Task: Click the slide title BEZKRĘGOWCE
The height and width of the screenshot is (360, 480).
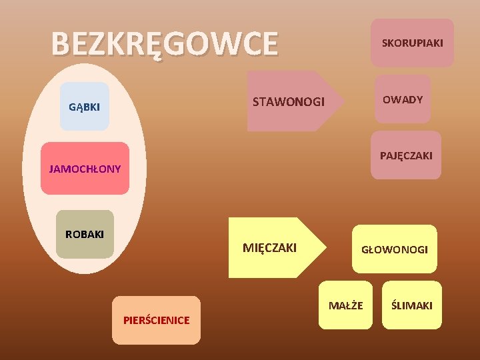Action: [x=164, y=44]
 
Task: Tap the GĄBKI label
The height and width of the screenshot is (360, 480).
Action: [x=85, y=107]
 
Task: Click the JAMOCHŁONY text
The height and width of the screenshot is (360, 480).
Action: [x=85, y=169]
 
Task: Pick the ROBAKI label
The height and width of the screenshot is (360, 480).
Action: [x=85, y=235]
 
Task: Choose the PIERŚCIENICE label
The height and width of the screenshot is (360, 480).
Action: [x=156, y=320]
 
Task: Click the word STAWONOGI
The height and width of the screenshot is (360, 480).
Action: [x=289, y=102]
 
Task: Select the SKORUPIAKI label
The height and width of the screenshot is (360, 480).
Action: [x=412, y=43]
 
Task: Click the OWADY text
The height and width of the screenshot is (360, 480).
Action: [x=403, y=99]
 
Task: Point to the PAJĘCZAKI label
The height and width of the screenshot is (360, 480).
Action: [x=406, y=155]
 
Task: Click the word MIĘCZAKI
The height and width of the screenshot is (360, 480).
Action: [x=269, y=248]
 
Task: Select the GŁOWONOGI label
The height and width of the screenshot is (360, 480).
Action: [x=395, y=249]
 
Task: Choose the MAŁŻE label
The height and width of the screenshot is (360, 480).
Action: [x=346, y=305]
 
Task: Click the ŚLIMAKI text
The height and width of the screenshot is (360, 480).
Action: [x=412, y=305]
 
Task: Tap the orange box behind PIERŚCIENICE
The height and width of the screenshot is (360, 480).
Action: [x=156, y=333]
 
